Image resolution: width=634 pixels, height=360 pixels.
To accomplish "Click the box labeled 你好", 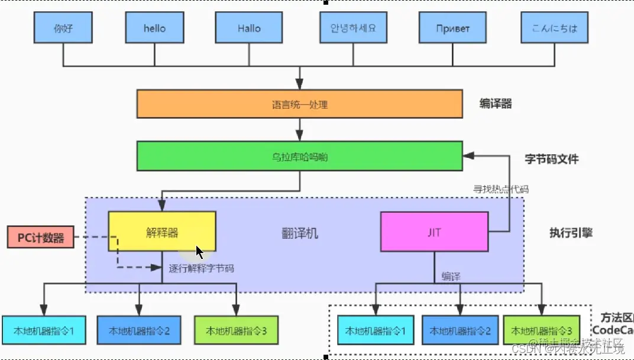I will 63,28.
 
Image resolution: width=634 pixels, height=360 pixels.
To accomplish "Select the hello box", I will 155,28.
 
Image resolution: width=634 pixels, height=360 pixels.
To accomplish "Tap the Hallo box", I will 249,28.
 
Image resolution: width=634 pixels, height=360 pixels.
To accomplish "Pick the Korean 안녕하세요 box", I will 352,28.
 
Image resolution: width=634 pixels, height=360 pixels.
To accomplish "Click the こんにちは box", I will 555,28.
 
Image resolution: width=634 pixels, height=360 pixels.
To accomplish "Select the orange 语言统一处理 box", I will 299,104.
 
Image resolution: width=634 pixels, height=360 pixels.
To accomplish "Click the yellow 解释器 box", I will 161,232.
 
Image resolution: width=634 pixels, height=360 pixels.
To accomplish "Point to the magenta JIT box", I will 434,232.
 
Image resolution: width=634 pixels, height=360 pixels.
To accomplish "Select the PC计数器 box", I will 40,238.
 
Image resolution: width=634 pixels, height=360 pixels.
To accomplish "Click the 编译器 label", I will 495,104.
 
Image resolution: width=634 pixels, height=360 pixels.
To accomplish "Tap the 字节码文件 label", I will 551,159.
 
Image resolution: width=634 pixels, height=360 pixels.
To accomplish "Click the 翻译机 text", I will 299,233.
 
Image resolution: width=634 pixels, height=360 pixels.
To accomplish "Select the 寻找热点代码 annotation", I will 500,190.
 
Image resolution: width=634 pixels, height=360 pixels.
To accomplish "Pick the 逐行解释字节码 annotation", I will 201,268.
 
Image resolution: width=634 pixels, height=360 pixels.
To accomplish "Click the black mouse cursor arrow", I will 200,252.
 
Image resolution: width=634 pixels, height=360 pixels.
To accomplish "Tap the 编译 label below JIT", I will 451,277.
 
